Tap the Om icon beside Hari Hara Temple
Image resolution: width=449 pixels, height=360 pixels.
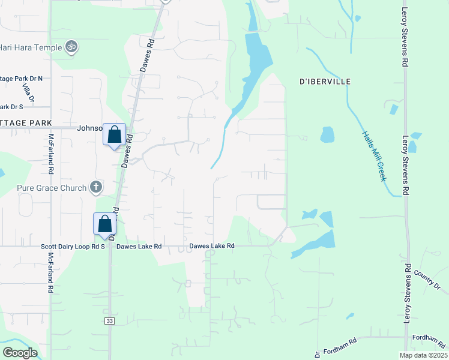[71, 46]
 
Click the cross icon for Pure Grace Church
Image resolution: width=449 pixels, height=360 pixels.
[95, 188]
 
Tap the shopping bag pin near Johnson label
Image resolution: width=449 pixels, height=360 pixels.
[114, 135]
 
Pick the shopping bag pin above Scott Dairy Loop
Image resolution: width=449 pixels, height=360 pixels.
[104, 224]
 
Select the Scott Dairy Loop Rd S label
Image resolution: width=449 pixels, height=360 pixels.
[73, 246]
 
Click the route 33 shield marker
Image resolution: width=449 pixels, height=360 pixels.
[110, 321]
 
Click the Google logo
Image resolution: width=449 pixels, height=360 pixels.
[20, 352]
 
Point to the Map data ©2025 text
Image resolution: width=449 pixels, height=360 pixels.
[423, 355]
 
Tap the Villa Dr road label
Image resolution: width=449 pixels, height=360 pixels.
[27, 93]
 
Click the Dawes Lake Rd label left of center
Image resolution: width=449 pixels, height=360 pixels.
[139, 246]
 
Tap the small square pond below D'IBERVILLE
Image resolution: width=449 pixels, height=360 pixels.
[327, 134]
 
